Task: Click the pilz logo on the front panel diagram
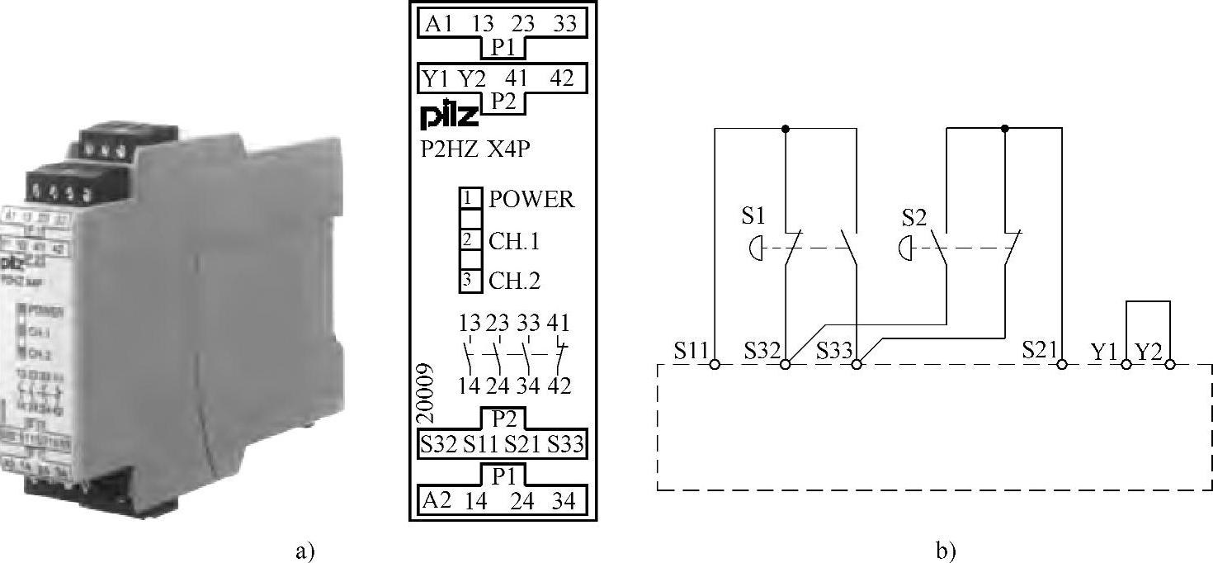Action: point(451,116)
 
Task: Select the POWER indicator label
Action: point(531,200)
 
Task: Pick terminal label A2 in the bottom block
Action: point(437,501)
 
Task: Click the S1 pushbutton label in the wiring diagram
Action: point(753,216)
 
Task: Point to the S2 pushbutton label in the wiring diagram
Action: point(914,217)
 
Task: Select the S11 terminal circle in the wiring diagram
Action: point(715,364)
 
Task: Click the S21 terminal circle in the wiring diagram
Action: point(1062,364)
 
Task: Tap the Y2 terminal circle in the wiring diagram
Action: point(1169,364)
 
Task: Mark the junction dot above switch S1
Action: point(785,129)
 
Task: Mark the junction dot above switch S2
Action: point(1005,129)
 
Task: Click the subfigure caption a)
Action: point(304,551)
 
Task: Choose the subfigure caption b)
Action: point(946,551)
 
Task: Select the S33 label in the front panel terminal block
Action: point(566,445)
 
